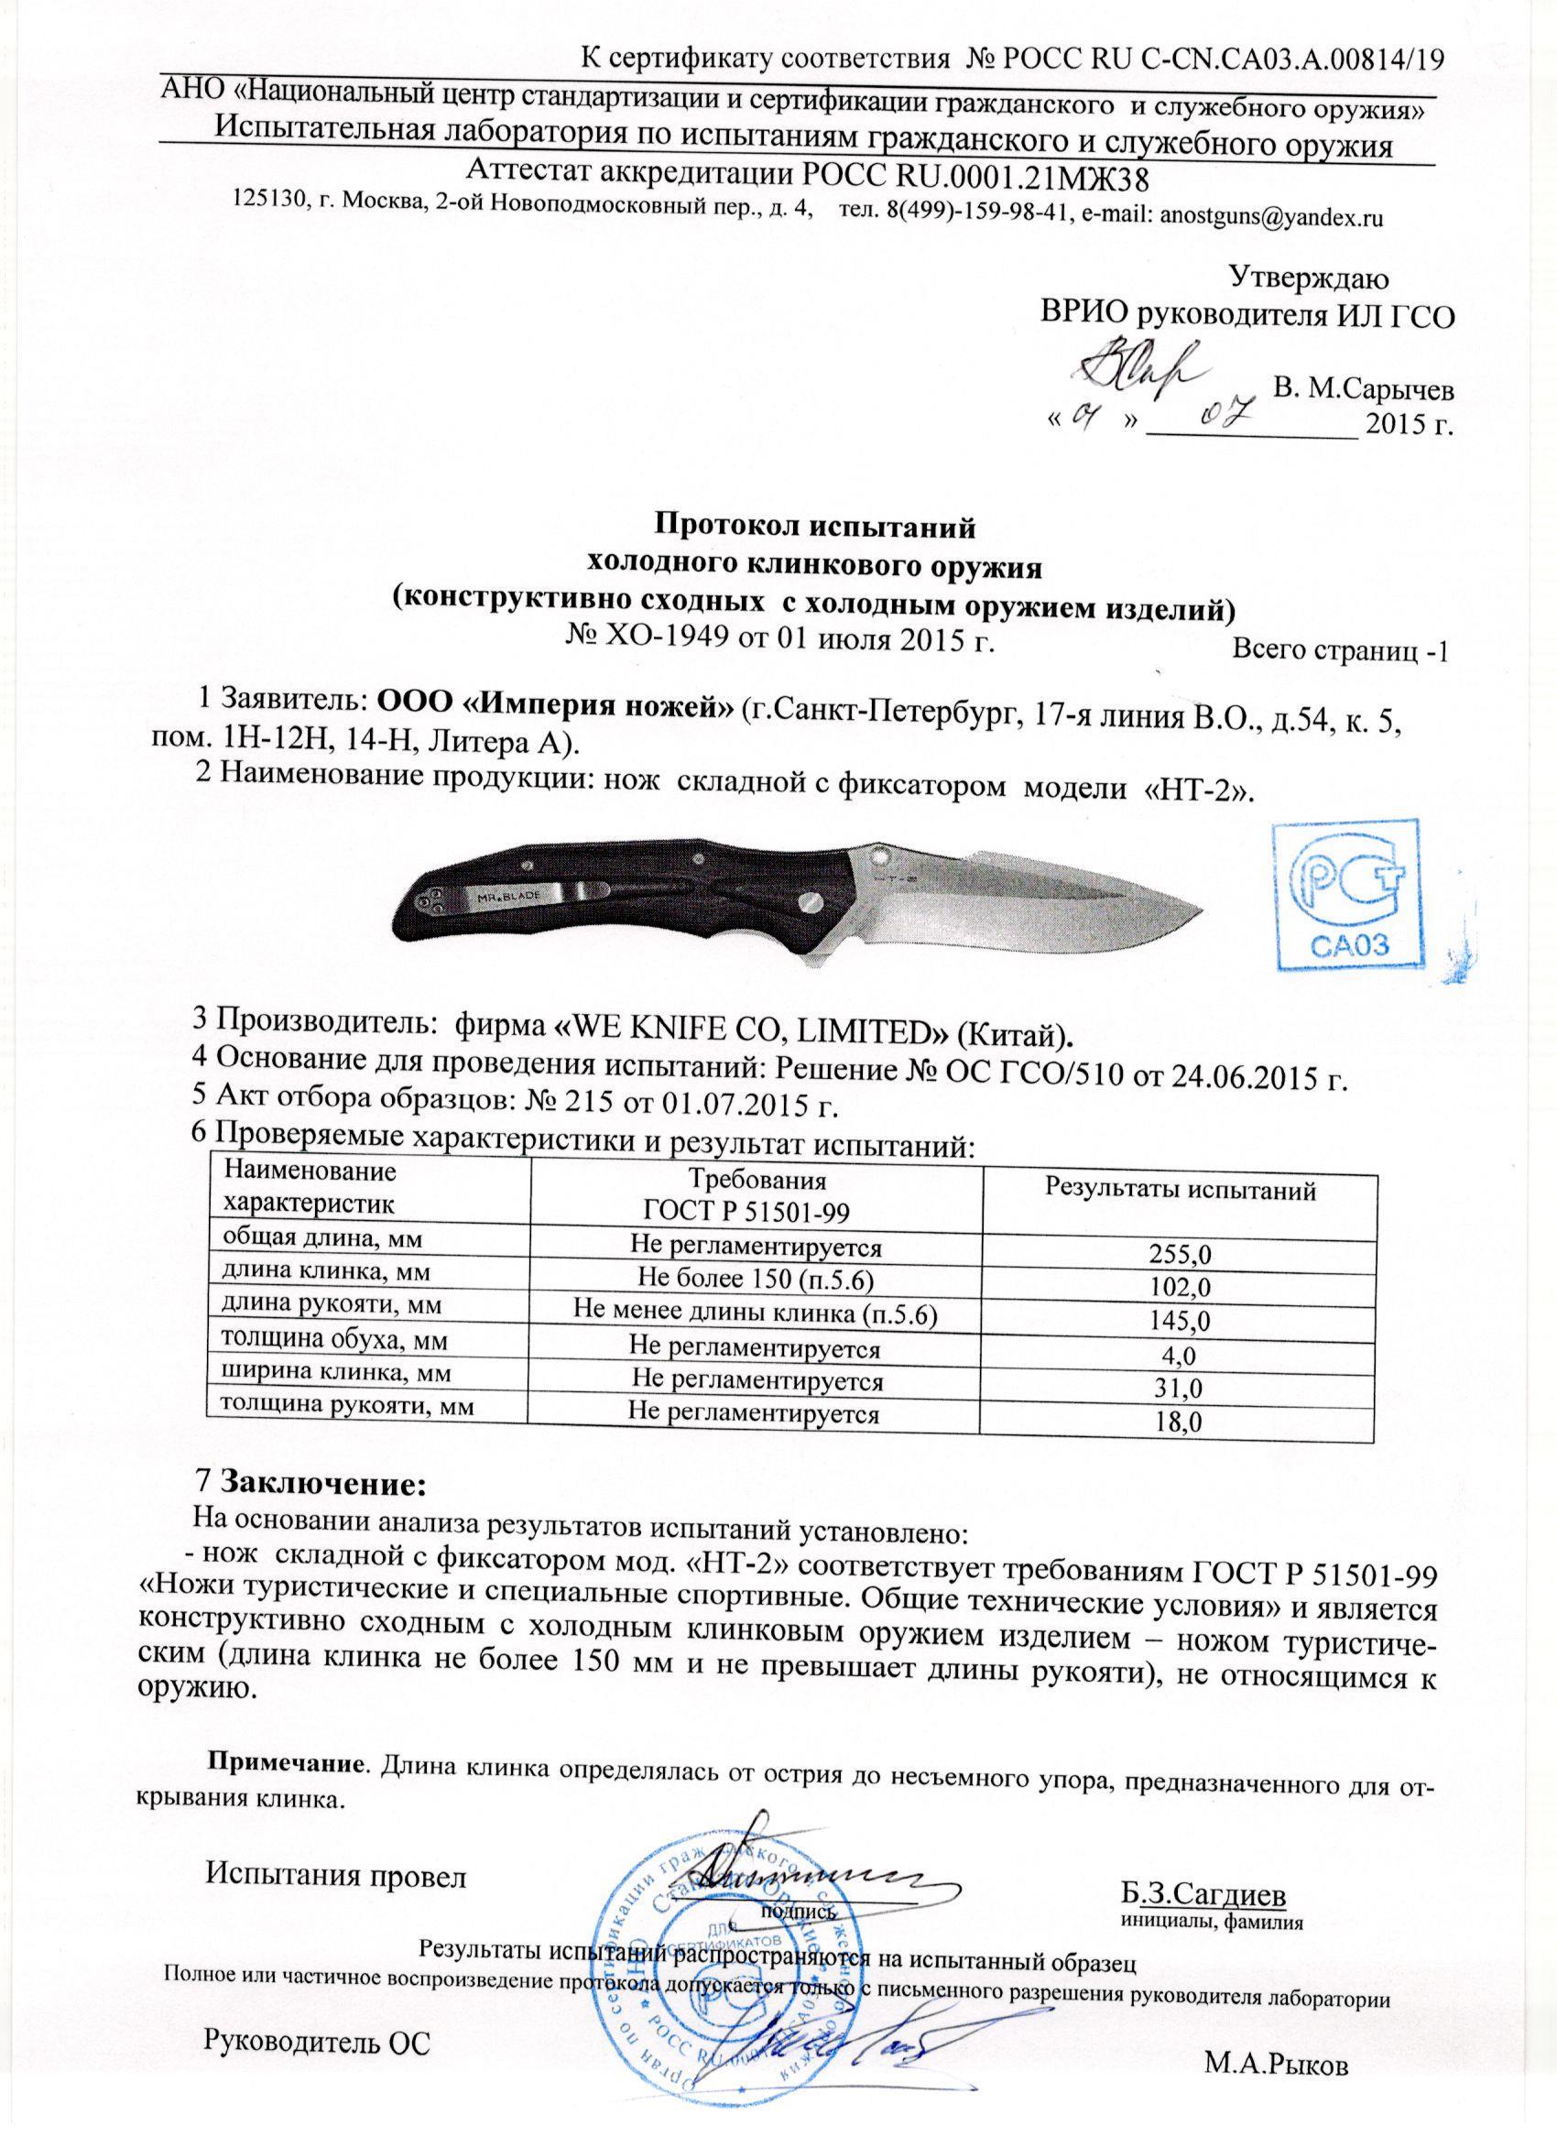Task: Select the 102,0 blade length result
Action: [x=1178, y=1288]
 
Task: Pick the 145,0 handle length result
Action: [x=1178, y=1320]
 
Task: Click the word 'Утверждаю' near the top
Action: [x=1309, y=278]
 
